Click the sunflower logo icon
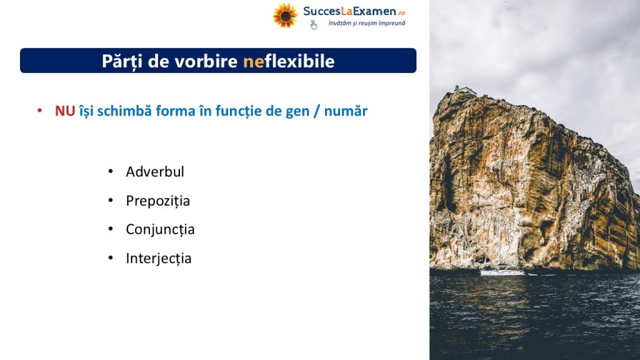coord(285,16)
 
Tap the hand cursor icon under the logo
coord(314,25)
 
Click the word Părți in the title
coord(122,62)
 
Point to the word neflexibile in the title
coord(289,61)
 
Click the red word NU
coord(65,111)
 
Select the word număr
coord(346,111)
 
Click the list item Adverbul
coord(155,171)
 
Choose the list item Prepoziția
coord(157,201)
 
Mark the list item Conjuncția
coord(160,229)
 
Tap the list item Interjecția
coord(158,258)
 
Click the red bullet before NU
coord(39,110)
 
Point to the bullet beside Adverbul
coord(111,171)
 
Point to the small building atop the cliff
coord(465,89)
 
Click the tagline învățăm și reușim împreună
coord(367,23)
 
